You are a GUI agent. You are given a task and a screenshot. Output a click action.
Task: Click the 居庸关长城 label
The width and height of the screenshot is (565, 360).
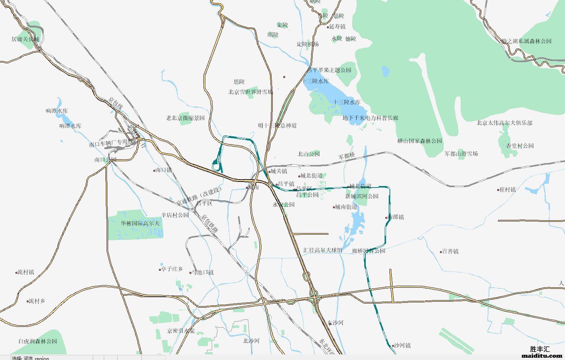tap(25, 39)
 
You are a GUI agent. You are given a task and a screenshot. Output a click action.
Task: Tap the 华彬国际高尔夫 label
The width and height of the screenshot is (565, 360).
tap(140, 223)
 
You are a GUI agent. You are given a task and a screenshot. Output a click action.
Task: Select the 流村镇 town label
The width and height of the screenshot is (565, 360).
tap(26, 272)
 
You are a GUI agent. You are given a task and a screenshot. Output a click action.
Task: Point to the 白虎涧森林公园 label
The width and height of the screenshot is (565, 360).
tap(38, 341)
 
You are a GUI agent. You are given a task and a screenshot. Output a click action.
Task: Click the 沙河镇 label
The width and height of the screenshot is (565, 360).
tap(402, 345)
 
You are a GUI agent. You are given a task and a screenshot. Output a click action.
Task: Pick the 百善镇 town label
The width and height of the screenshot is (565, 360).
tap(450, 251)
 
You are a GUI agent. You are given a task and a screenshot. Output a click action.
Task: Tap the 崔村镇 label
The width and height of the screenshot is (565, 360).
tap(507, 189)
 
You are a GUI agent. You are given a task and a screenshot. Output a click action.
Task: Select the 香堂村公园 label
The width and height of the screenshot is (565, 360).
tap(520, 146)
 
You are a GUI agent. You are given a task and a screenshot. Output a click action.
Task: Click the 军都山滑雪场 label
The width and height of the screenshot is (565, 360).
tap(461, 154)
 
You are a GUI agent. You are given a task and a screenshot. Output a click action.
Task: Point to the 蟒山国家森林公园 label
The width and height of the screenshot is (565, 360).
tap(420, 141)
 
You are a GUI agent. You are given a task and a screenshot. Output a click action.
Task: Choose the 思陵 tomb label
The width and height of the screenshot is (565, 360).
tap(239, 81)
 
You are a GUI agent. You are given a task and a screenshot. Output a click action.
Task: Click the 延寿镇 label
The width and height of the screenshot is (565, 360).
tap(337, 26)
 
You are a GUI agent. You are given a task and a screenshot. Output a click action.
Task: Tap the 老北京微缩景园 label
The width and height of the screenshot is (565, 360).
tap(185, 118)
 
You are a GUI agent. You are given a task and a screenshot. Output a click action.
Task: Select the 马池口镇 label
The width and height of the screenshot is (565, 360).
tap(203, 272)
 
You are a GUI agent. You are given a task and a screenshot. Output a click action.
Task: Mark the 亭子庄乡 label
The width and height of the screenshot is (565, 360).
tap(172, 269)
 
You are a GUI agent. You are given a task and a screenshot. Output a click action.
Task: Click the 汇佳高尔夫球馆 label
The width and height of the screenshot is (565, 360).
tap(323, 250)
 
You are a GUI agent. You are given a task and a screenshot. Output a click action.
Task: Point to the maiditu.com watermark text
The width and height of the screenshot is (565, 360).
tap(542, 355)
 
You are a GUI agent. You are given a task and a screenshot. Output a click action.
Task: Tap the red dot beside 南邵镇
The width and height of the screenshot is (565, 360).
tap(386, 218)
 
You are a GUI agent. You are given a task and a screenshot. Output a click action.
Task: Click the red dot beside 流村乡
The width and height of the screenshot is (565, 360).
tap(28, 301)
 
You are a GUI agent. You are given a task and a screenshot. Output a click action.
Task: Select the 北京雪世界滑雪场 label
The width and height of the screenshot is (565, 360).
tap(250, 92)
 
